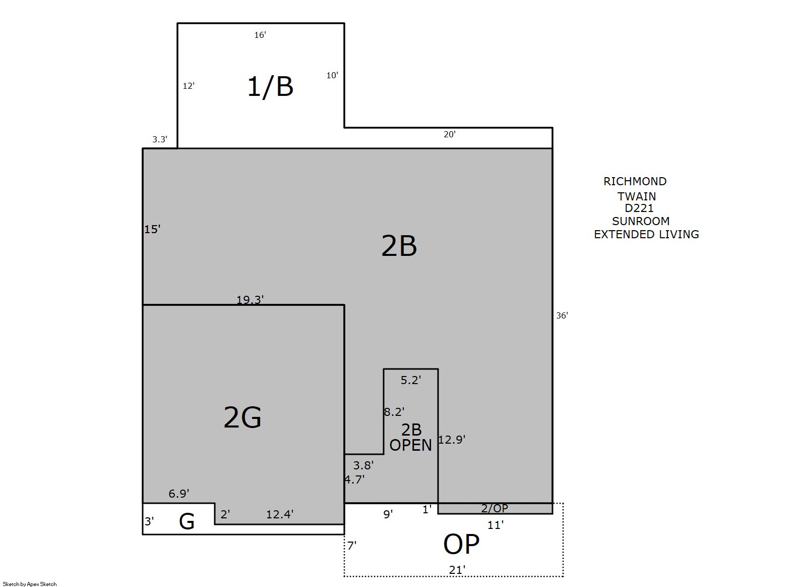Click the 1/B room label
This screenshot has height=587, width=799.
point(270,86)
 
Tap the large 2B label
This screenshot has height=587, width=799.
point(399,246)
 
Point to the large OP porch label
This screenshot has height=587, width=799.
point(461,544)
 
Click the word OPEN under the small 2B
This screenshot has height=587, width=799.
point(410,445)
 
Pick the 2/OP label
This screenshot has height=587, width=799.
point(495,508)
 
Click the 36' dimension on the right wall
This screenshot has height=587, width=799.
point(562,315)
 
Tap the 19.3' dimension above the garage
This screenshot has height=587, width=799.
point(250,300)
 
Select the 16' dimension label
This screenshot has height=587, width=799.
point(260,35)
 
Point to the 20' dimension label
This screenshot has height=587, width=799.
point(450,134)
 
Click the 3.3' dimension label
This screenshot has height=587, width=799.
point(160,139)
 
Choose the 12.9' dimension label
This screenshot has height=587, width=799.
point(452,440)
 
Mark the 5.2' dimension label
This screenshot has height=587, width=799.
point(410,380)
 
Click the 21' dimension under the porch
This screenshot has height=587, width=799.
point(457,570)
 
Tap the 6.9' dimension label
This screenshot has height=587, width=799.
point(179,494)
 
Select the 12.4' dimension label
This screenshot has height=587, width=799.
point(280,514)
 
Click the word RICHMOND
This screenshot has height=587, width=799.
point(635,181)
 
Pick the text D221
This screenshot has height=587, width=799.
point(639,208)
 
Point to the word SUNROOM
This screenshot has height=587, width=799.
point(641,221)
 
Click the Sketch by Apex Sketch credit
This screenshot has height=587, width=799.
point(30,584)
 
